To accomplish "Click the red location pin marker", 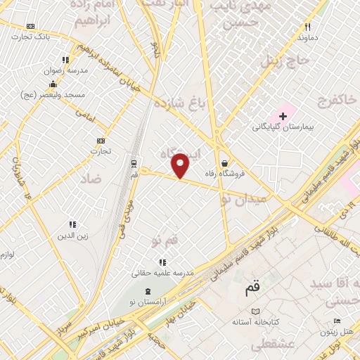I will (181, 166).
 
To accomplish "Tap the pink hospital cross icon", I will (283, 116).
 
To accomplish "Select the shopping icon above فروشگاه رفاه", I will (224, 164).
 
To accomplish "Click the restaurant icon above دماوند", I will (307, 27).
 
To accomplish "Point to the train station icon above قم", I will (134, 164).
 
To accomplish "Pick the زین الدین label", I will (72, 236).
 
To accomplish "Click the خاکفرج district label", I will (338, 101).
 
